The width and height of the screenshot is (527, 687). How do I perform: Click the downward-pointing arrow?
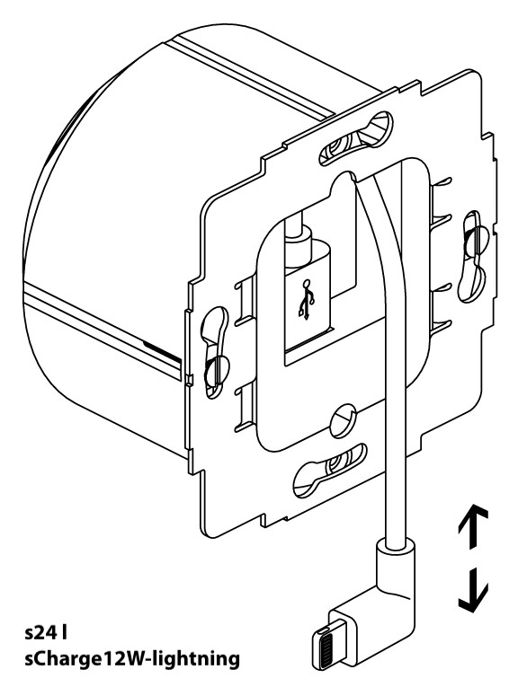[473, 589]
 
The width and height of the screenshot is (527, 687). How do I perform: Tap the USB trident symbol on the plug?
[307, 299]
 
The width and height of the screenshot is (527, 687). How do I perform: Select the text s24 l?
[46, 632]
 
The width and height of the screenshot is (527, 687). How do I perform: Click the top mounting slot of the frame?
[355, 137]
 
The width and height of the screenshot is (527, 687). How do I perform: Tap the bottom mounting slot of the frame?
[330, 470]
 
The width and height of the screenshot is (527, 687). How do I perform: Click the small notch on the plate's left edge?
[188, 379]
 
